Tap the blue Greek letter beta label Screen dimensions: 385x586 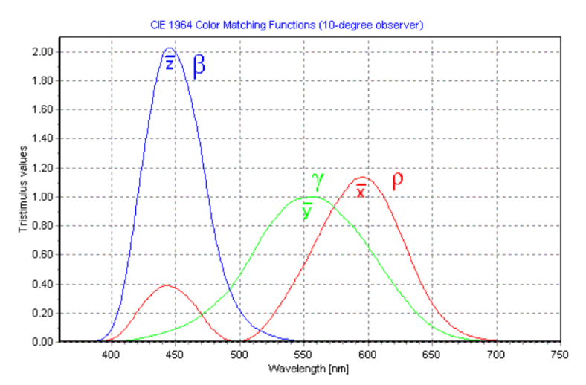point(199,65)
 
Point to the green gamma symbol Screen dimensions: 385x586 point(318,180)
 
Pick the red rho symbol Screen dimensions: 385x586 point(397,181)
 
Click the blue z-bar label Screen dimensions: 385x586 point(170,62)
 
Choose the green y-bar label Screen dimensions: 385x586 point(307,210)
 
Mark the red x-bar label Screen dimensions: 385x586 point(361,191)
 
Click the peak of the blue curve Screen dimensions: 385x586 point(170,48)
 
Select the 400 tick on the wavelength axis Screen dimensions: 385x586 point(111,356)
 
